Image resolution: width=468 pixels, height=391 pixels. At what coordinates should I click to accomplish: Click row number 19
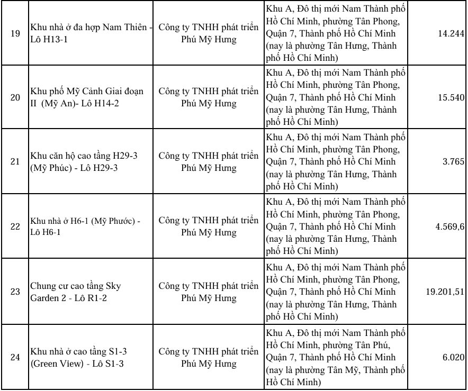coord(15,33)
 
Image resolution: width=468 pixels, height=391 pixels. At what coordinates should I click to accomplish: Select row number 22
coord(15,226)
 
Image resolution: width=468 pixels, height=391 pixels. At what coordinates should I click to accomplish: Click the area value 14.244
coord(451,34)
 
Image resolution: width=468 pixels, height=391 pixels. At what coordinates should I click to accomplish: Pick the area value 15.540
coord(451,98)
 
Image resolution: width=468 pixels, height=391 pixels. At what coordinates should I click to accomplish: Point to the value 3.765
coord(453,161)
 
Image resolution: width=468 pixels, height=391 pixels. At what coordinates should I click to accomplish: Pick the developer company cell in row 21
coord(209,161)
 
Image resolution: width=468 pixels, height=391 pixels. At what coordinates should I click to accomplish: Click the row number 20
coord(15,98)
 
